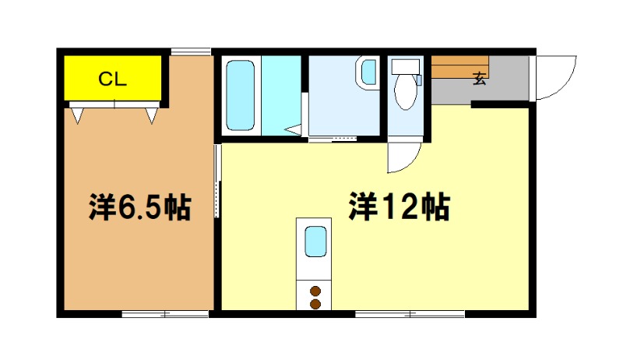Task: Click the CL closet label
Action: click(x=112, y=79)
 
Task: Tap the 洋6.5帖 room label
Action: click(x=140, y=207)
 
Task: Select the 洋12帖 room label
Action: click(x=399, y=206)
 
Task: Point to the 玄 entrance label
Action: click(x=480, y=79)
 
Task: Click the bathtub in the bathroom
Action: click(x=240, y=95)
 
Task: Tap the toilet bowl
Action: click(x=406, y=91)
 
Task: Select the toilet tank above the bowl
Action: click(x=406, y=66)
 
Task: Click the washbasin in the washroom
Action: click(x=368, y=72)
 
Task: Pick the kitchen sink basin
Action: click(x=316, y=242)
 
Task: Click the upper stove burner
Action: click(x=315, y=291)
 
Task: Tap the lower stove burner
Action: click(x=315, y=305)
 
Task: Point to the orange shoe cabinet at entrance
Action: click(x=459, y=67)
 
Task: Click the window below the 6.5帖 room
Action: click(x=165, y=314)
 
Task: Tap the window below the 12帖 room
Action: click(x=410, y=314)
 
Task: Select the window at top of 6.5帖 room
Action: click(x=191, y=51)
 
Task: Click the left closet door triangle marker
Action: click(x=77, y=115)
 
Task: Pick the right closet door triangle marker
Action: click(x=151, y=115)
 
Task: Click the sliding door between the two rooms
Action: click(x=217, y=181)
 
